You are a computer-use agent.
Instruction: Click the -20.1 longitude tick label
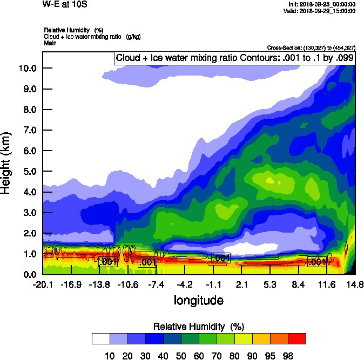point(42,284)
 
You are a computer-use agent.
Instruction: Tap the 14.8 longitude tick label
point(355,284)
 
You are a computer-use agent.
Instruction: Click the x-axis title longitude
point(198,300)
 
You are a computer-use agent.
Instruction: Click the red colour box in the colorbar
point(296,338)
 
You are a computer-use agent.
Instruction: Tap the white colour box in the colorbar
point(100,338)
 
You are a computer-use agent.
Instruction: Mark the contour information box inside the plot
point(234,58)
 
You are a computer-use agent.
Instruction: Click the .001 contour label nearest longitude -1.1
point(221,258)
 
